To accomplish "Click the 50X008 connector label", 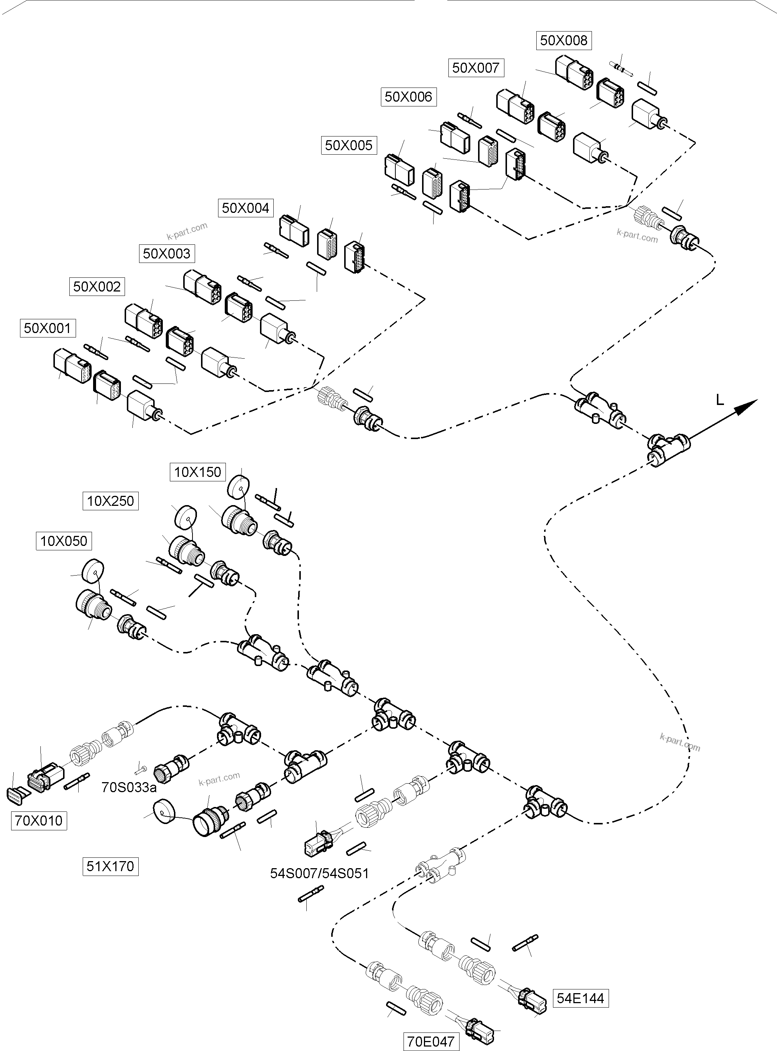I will pos(563,40).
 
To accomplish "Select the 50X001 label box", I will pos(47,328).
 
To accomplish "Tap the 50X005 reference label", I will pos(349,145).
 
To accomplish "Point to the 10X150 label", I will pos(198,472).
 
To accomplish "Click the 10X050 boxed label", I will pos(63,541).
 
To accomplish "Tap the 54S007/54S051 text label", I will pos(319,873).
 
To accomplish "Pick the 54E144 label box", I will pos(580,998).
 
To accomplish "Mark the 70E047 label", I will pos(430,1041).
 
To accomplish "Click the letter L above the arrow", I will pos(720,400).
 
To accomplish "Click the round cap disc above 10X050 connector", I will pos(93,572).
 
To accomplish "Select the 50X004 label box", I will pos(245,208).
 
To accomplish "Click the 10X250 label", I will pos(111,501).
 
